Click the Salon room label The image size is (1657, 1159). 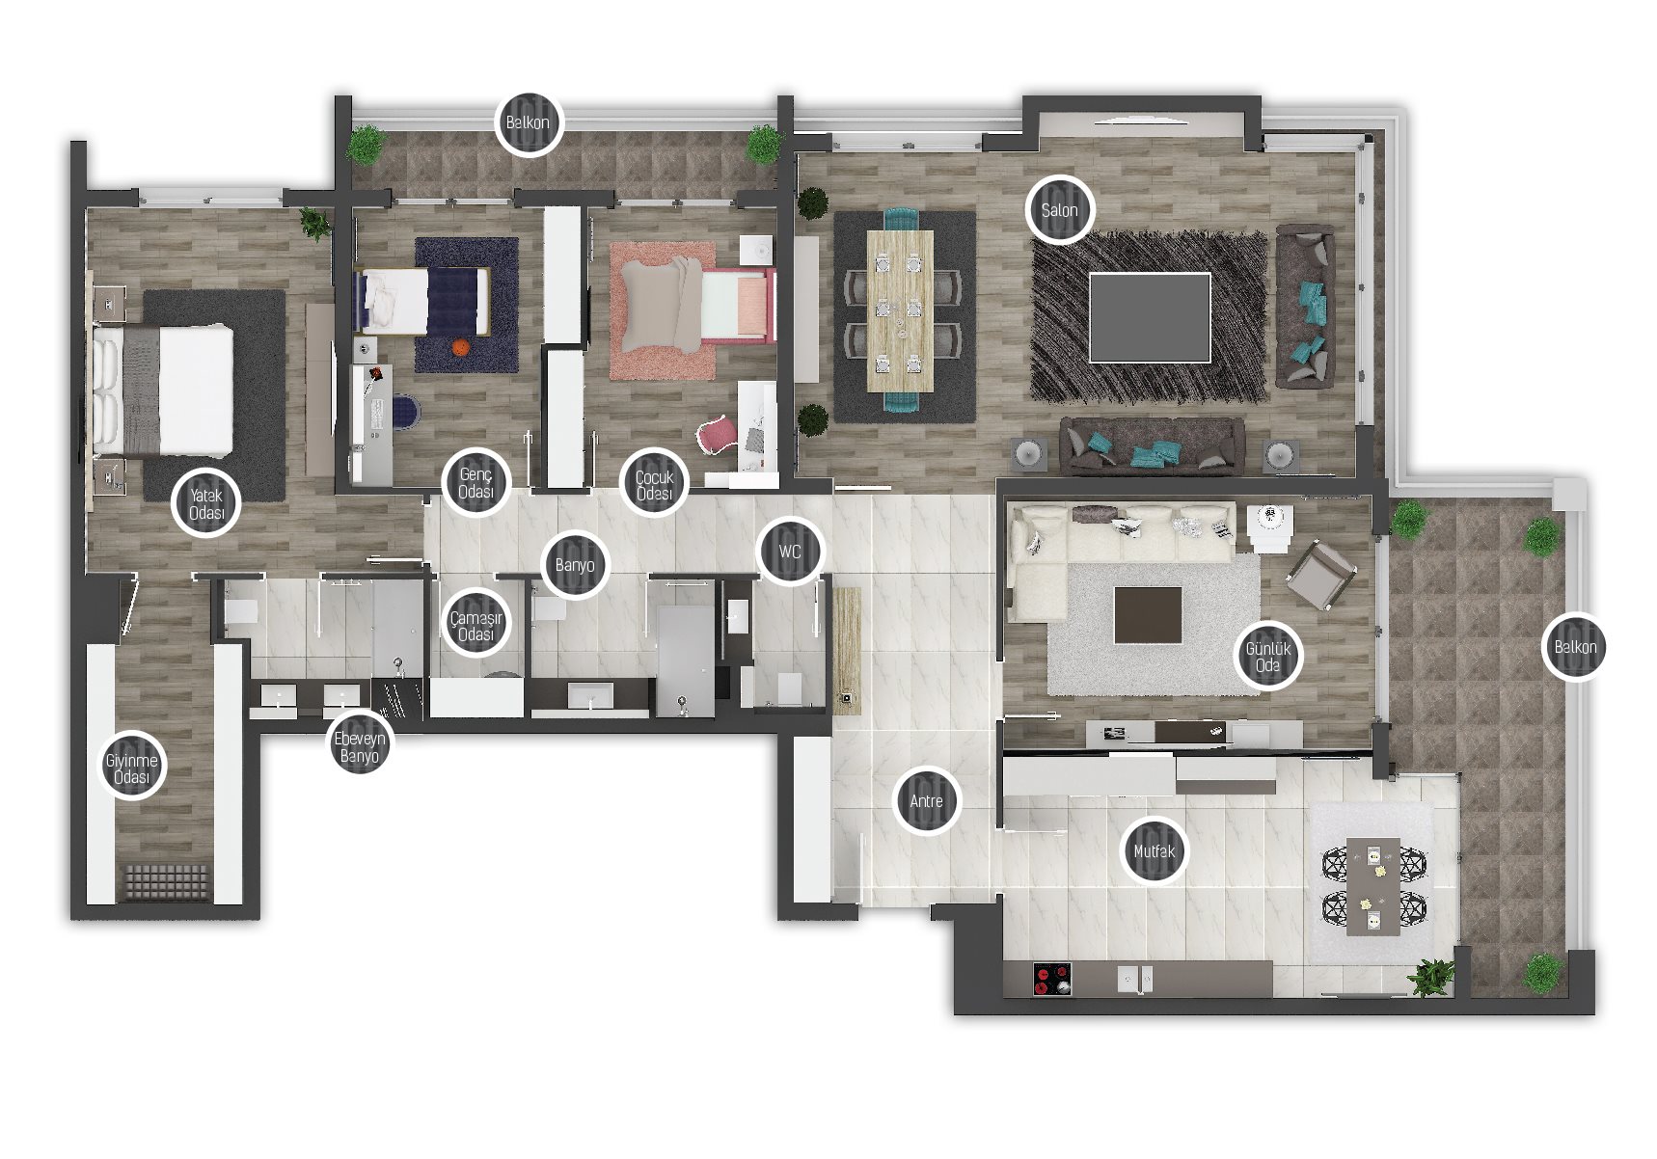coord(1059,209)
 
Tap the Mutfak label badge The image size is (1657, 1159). coord(1154,851)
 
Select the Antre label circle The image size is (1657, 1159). coord(927,801)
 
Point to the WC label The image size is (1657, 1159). coord(790,552)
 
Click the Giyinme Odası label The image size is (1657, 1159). coord(132,768)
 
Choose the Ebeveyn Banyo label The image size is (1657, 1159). coord(360,746)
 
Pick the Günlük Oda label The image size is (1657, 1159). coord(1267,657)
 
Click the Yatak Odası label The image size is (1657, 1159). coord(206,502)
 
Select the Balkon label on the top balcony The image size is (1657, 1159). coord(528,122)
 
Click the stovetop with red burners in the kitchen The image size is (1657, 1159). coord(1052,980)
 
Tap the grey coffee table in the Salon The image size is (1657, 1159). coord(1150,317)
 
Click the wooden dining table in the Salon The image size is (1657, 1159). coord(900,310)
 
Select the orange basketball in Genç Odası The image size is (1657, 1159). coord(461,346)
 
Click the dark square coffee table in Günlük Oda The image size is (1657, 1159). coord(1148,615)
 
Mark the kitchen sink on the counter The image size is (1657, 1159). coord(1134,980)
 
